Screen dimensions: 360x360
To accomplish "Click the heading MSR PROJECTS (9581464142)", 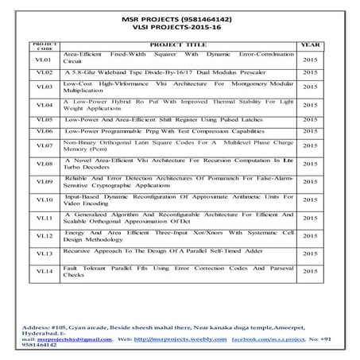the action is pos(180,15).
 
